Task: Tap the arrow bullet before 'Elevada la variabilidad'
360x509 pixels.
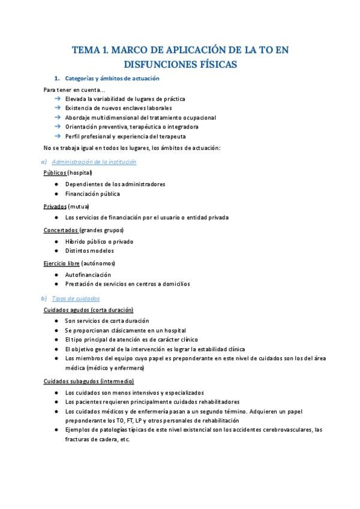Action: [x=57, y=98]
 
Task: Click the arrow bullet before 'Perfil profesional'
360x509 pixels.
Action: [x=57, y=136]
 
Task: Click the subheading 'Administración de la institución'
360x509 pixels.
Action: [x=94, y=161]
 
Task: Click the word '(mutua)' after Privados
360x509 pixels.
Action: [x=79, y=206]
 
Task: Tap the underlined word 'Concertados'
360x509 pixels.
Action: [x=61, y=230]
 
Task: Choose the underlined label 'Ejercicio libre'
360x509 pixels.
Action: [x=61, y=263]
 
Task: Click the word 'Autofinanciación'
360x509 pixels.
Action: [x=88, y=274]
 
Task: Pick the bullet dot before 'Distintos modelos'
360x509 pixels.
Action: [x=56, y=251]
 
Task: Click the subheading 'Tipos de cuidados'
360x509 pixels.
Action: [x=76, y=298]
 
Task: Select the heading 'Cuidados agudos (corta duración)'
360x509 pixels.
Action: [x=88, y=310]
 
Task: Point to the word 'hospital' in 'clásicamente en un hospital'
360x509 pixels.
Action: [x=174, y=330]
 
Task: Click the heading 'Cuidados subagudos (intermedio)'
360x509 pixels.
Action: [x=88, y=381]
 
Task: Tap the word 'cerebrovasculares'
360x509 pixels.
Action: [x=285, y=429]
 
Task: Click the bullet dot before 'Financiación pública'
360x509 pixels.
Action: [x=56, y=194]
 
